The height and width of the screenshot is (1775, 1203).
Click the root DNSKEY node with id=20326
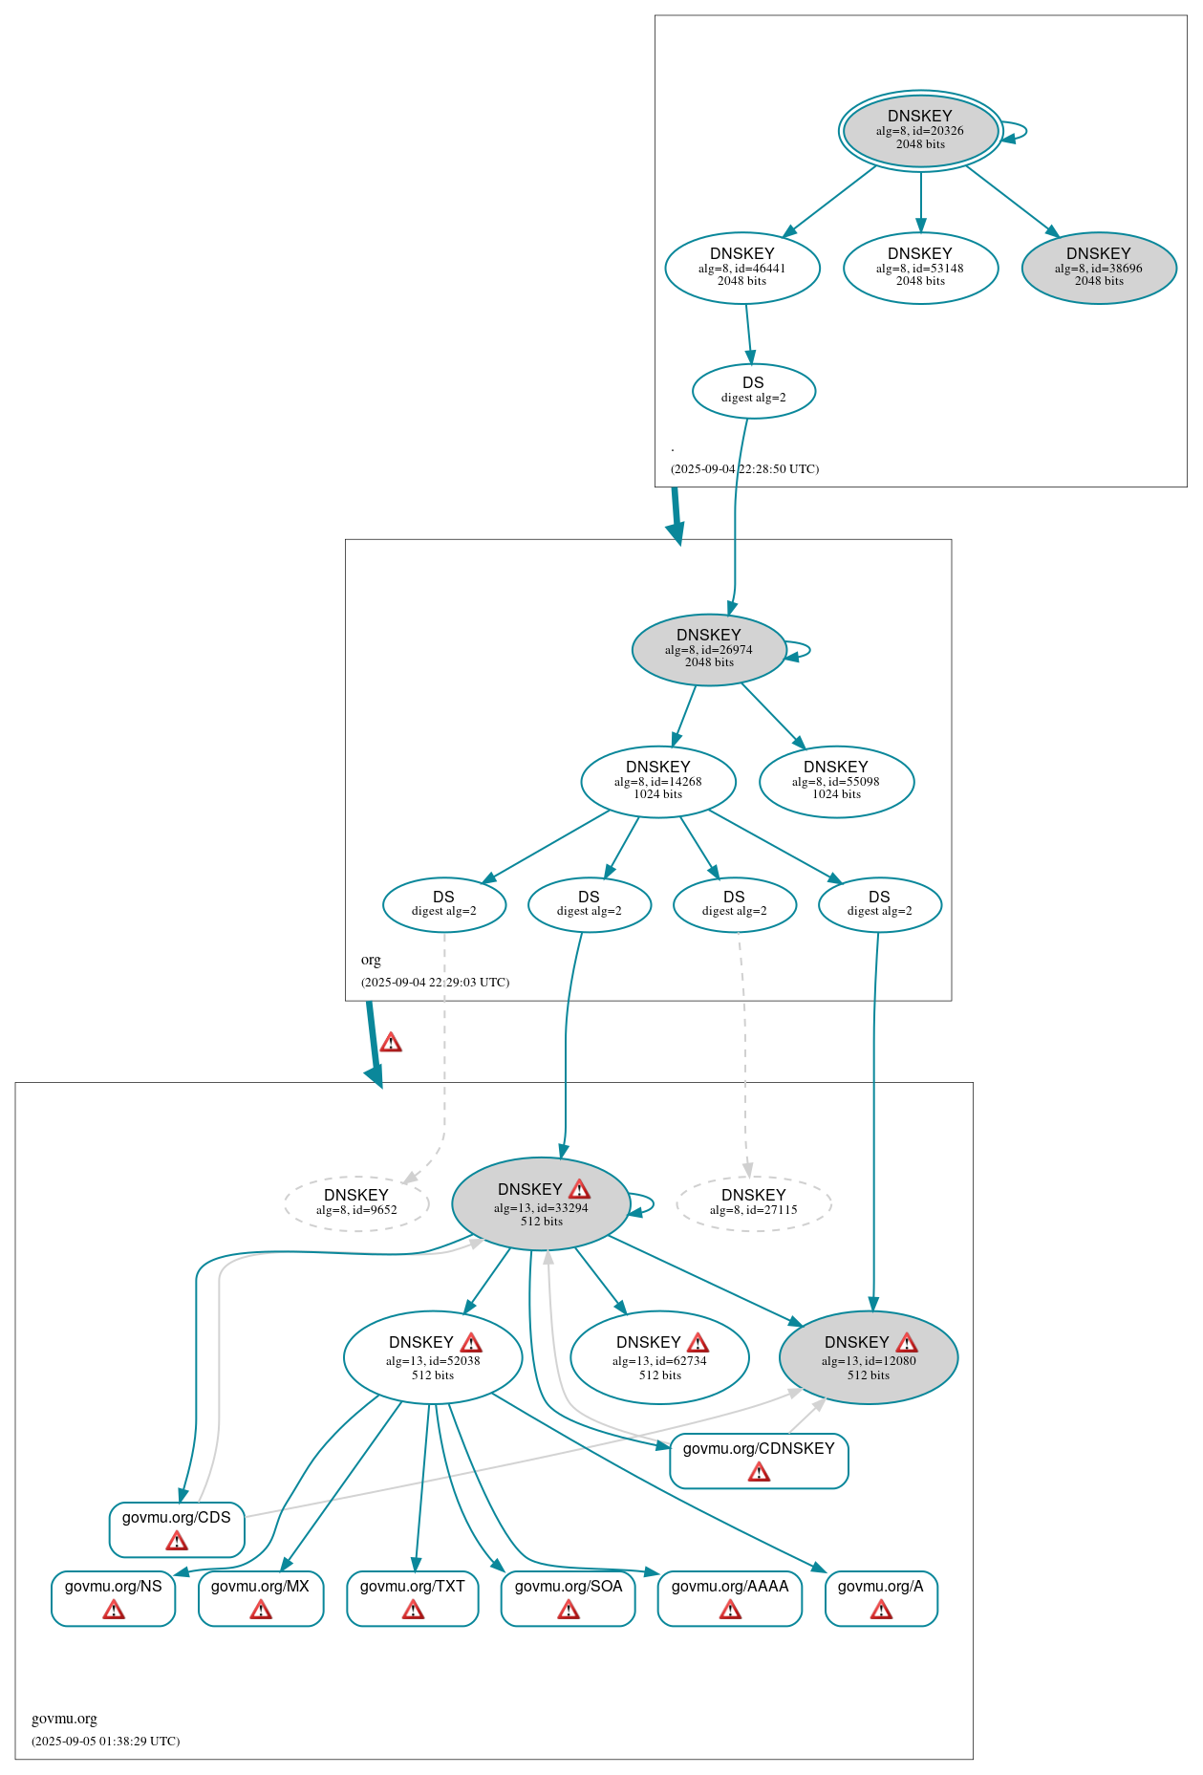920,131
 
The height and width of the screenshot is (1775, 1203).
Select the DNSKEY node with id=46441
742,268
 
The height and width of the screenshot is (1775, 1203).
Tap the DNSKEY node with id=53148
920,268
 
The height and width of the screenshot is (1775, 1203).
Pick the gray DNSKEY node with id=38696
1099,268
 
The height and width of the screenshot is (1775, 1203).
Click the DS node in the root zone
753,390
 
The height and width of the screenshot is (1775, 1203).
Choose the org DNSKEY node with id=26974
709,649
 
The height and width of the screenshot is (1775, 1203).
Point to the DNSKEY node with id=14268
658,781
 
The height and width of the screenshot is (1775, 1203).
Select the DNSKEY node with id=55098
836,781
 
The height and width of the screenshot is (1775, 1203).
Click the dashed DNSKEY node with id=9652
356,1202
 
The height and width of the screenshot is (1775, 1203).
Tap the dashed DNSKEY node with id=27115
754,1202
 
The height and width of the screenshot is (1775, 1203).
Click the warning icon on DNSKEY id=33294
579,1189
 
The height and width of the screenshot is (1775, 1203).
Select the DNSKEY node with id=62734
659,1356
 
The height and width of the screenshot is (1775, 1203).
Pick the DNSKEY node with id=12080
869,1356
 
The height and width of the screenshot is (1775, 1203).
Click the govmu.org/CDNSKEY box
759,1460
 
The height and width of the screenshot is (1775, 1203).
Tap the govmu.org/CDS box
177,1528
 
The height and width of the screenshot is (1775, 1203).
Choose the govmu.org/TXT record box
413,1597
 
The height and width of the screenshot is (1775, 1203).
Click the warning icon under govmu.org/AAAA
730,1611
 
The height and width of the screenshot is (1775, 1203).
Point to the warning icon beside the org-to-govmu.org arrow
391,1042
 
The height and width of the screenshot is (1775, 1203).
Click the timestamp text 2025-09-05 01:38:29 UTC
106,1741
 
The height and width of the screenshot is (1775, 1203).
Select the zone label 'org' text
371,960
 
